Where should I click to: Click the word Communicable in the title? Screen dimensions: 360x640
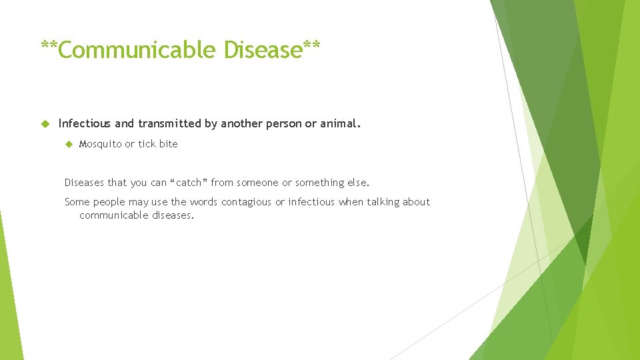pyautogui.click(x=137, y=50)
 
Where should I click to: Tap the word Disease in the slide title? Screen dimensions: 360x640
pyautogui.click(x=263, y=50)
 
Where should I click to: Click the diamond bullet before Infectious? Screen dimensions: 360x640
pyautogui.click(x=45, y=123)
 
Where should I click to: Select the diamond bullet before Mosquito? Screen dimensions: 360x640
pyautogui.click(x=67, y=144)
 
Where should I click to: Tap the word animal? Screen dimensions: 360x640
pyautogui.click(x=340, y=123)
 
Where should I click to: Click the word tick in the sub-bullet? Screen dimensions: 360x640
pyautogui.click(x=146, y=144)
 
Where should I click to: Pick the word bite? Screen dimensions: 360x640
pyautogui.click(x=168, y=144)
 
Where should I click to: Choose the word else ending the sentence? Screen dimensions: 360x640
pyautogui.click(x=358, y=182)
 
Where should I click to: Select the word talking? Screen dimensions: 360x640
pyautogui.click(x=383, y=202)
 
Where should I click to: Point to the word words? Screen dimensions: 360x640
pyautogui.click(x=203, y=202)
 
